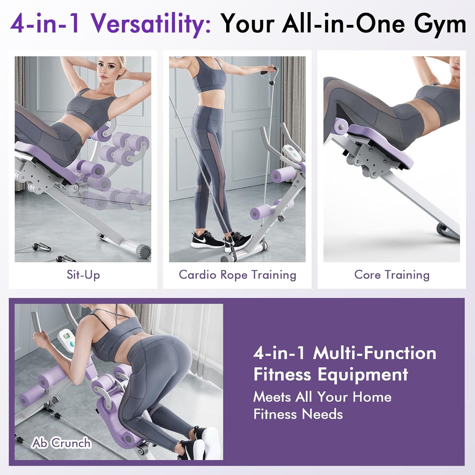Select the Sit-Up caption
tap(83, 275)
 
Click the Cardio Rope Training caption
tap(237, 275)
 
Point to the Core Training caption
tap(392, 275)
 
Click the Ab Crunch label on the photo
tap(61, 443)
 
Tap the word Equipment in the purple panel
tap(363, 375)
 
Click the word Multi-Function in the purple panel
tap(375, 353)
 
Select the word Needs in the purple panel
tap(322, 414)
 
